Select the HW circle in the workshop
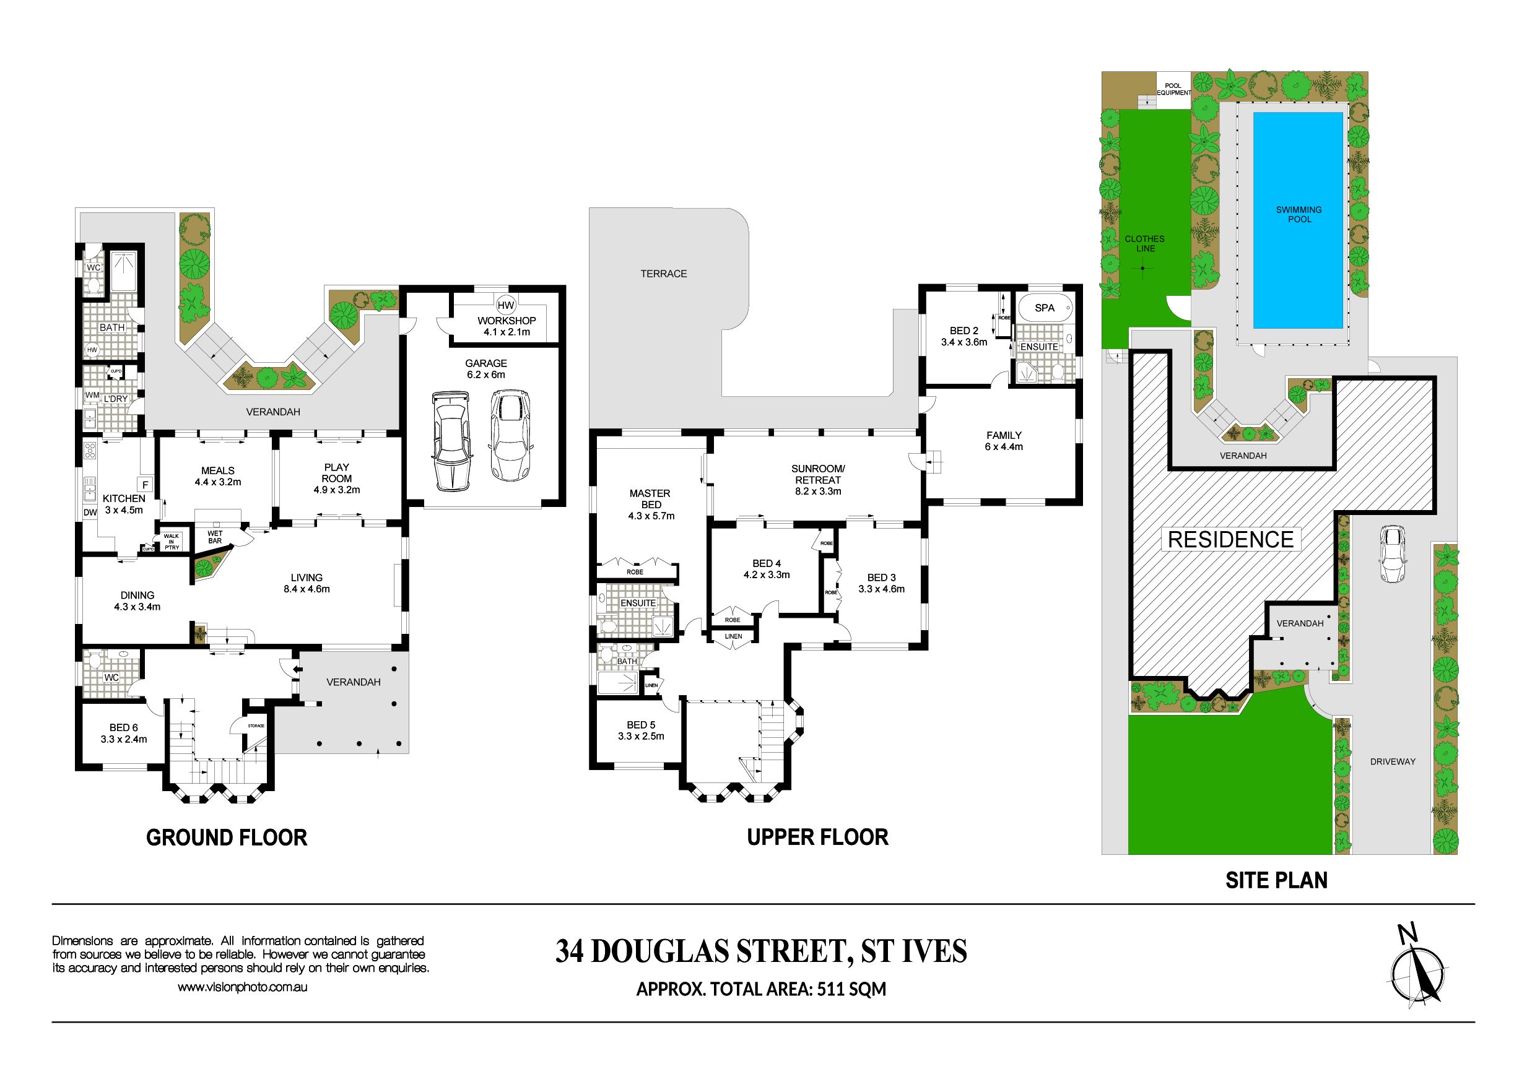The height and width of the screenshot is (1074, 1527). coord(506,305)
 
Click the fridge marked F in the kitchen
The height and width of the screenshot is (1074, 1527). coord(145,485)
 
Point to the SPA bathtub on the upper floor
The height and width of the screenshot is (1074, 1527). coord(1044,308)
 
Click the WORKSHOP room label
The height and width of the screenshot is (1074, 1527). coord(506,321)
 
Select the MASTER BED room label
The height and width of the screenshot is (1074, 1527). coord(650,499)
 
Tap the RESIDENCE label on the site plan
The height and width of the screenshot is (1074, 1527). coord(1230,539)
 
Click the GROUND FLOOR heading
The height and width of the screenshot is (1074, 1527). coord(227,838)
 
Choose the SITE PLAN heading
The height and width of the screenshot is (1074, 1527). coord(1276,880)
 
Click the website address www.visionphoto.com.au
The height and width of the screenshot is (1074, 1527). coord(242,987)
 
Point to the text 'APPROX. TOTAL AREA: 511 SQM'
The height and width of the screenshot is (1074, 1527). coord(762,990)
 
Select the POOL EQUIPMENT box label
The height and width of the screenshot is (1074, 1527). coord(1173,89)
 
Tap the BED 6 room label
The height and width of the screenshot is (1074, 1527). coord(124,727)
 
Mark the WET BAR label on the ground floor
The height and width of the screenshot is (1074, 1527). coord(215,537)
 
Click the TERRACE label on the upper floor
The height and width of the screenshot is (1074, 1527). coord(664,274)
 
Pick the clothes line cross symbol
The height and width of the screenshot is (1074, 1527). coord(1142,269)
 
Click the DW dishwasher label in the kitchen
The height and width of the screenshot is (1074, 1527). coord(90,512)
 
